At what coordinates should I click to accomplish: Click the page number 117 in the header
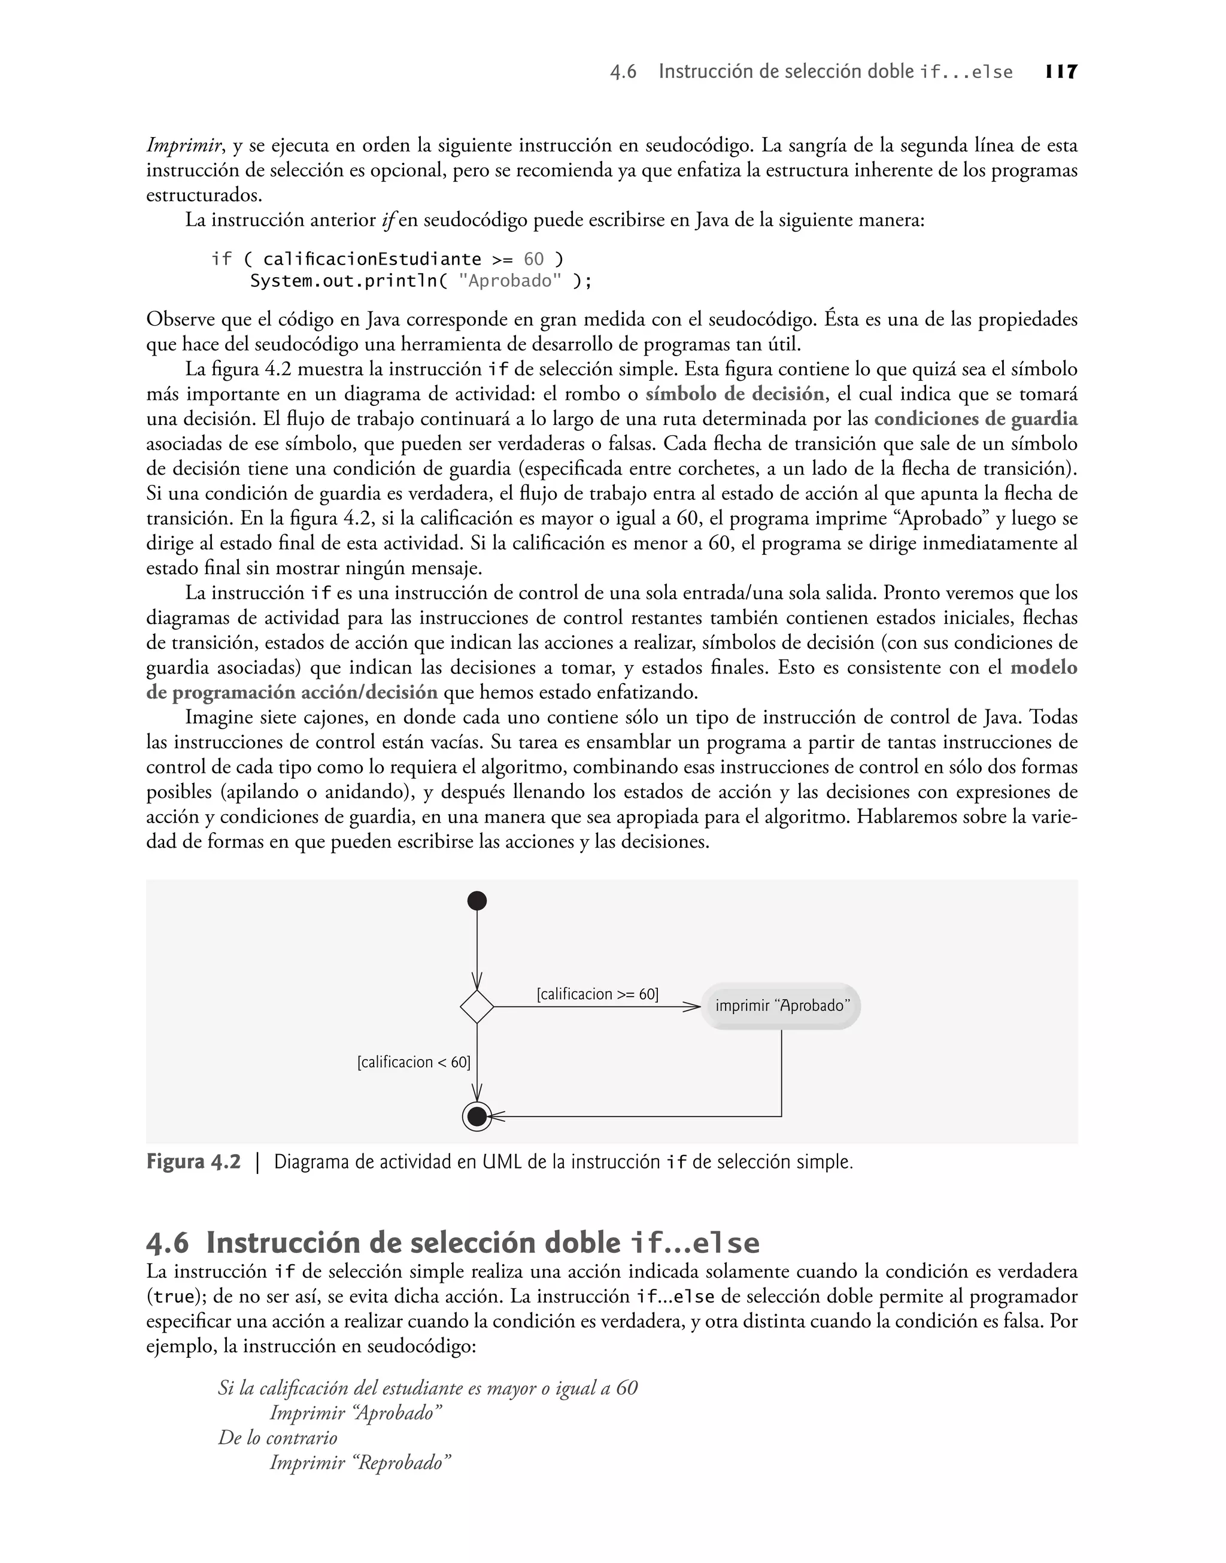point(1061,72)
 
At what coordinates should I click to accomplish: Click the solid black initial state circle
point(477,901)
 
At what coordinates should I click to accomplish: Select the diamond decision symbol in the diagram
point(477,1006)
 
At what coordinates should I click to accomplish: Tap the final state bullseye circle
point(477,1116)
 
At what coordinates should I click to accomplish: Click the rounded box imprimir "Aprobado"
point(781,1006)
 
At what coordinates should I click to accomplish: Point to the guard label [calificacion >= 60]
point(597,994)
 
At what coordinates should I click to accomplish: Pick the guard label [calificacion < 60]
point(414,1062)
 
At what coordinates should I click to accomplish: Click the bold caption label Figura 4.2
point(194,1162)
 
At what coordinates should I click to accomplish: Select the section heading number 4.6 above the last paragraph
point(167,1243)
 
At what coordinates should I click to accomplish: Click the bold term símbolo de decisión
point(735,394)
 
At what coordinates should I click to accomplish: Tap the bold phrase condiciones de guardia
point(976,418)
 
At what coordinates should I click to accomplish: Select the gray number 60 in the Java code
point(533,259)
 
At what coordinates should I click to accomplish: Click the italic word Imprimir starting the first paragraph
point(184,145)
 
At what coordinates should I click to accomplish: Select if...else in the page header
point(966,72)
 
